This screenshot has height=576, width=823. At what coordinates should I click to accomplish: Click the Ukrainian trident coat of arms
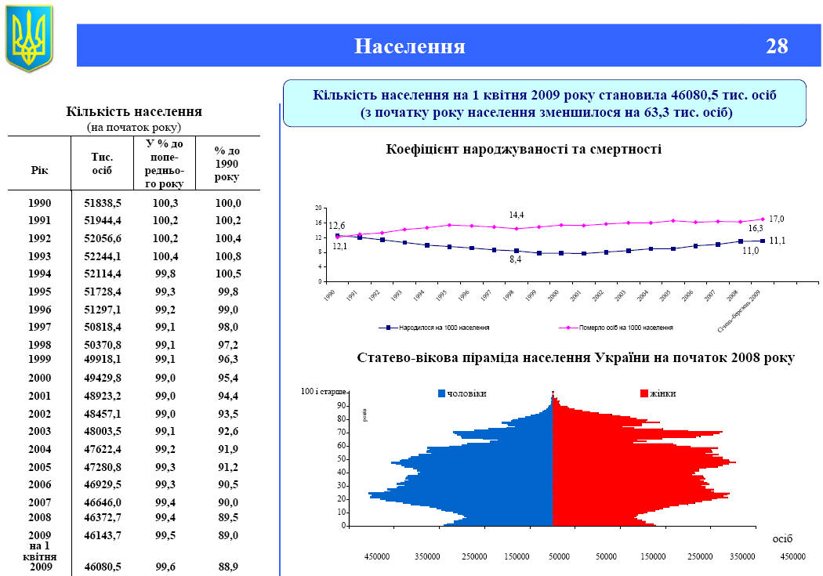coord(29,37)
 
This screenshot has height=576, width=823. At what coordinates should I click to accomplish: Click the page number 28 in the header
coord(777,46)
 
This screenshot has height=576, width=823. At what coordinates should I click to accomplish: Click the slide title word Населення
coord(410,46)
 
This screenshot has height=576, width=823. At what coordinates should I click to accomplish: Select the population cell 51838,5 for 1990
coord(103,203)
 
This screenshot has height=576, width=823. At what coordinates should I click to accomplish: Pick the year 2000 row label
coord(39,378)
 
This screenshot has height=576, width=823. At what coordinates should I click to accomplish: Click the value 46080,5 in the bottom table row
coord(103,566)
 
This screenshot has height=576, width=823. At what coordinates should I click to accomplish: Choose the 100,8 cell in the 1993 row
coord(227,256)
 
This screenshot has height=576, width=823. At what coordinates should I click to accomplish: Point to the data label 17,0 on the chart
coord(776,219)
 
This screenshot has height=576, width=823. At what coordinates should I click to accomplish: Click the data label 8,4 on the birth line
coord(515,259)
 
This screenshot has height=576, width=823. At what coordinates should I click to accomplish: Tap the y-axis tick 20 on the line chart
coord(319,208)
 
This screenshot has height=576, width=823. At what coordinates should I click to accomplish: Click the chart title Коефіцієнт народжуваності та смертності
coord(524,149)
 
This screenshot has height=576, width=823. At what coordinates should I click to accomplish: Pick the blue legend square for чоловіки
coord(441,393)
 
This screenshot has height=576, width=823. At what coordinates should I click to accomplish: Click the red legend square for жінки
coord(644,393)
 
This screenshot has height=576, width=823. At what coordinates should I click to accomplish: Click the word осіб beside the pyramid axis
coord(782,539)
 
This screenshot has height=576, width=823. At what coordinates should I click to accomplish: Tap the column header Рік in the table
coord(39,170)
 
